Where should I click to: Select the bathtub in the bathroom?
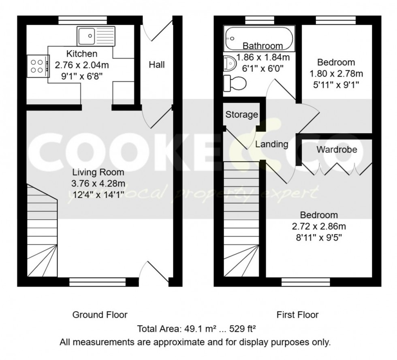(259, 38)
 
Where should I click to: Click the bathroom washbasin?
(230, 64)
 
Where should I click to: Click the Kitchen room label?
(82, 54)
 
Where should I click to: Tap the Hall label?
(157, 64)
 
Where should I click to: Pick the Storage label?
(242, 115)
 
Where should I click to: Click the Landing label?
(271, 144)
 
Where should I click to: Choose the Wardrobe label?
(337, 149)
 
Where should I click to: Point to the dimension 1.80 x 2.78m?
(336, 74)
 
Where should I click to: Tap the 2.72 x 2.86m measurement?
(319, 226)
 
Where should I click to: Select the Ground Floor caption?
(100, 315)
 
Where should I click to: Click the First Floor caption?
(297, 315)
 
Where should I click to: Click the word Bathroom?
(262, 46)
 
